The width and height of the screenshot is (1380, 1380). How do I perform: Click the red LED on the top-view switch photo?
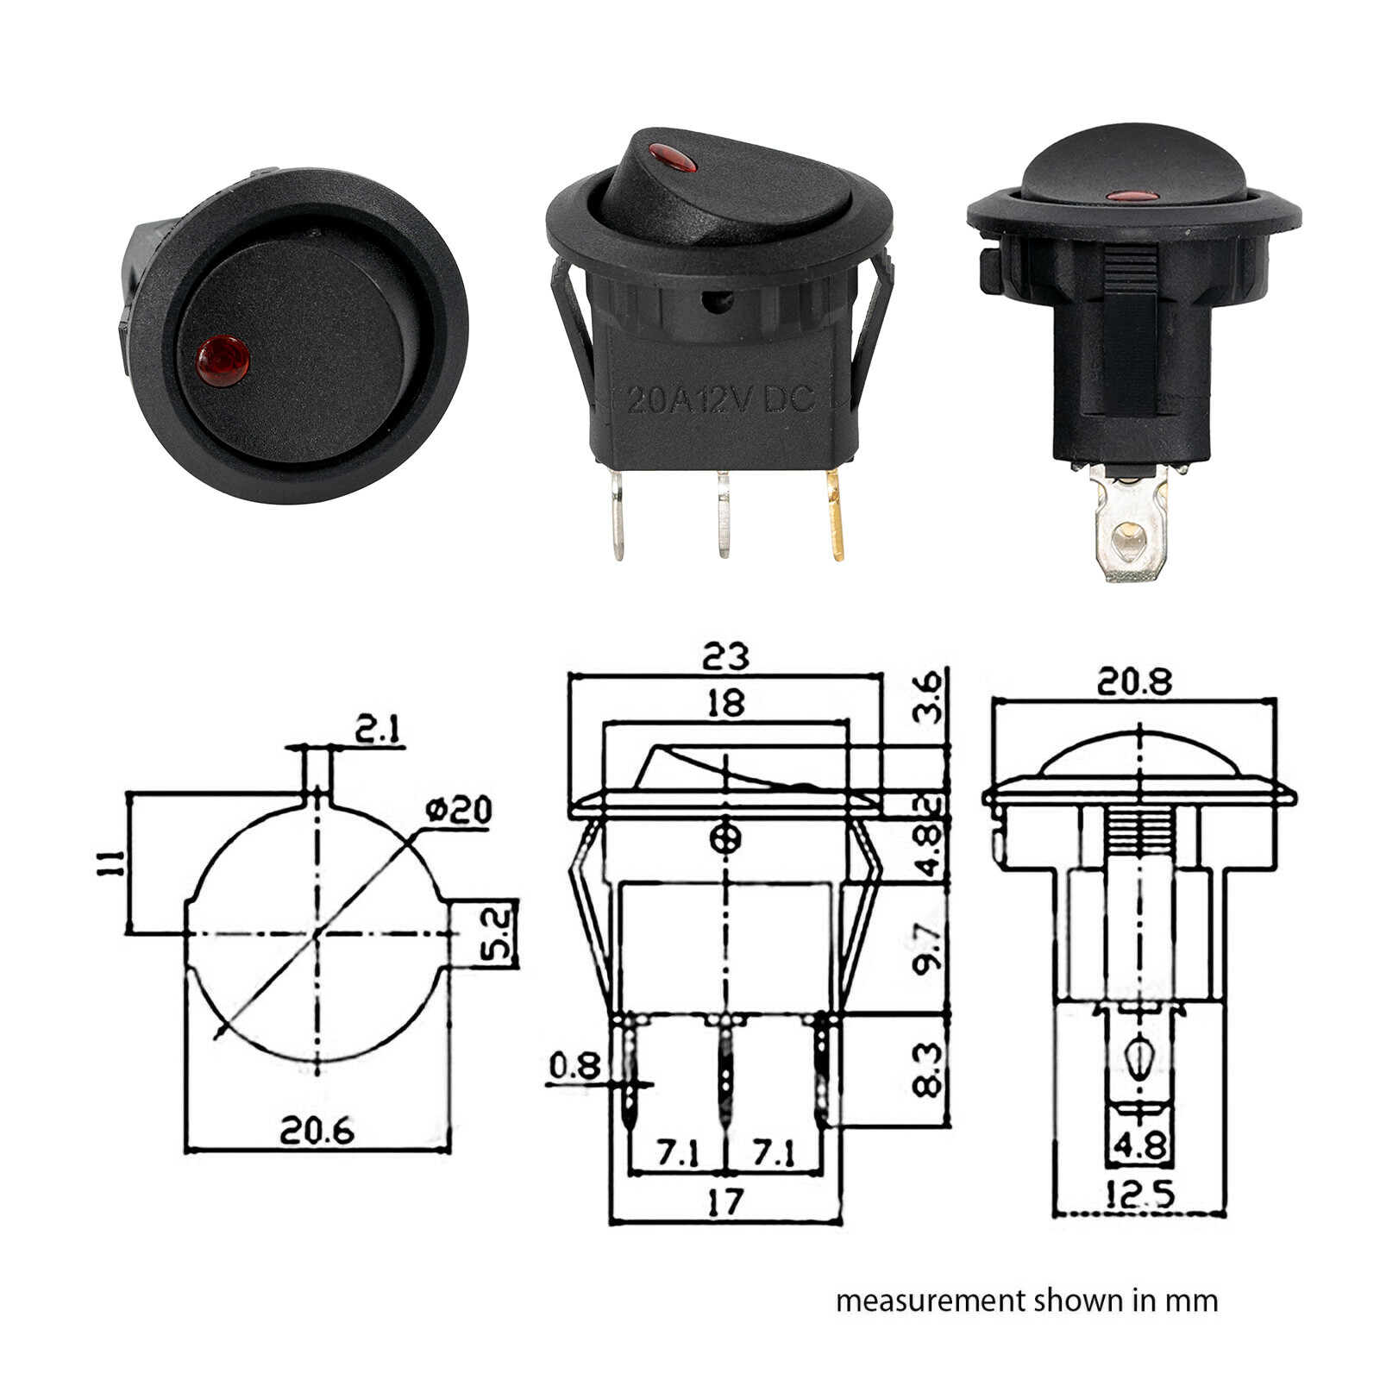coord(223,361)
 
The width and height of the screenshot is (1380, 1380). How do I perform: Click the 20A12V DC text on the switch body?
coord(720,398)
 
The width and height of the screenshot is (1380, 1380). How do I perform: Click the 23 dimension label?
coord(725,656)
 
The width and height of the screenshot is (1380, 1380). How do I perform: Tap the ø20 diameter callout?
coord(460,810)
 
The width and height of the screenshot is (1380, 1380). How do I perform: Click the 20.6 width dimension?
coord(317,1131)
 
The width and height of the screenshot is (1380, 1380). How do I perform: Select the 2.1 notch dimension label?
coord(378,731)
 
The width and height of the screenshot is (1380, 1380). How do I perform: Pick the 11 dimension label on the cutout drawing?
coord(110,862)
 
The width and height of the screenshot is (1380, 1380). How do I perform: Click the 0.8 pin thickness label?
coord(574,1066)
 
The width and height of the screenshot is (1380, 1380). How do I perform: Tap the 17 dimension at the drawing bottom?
coord(724,1201)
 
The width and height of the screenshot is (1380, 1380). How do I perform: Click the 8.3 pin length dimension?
coord(928,1069)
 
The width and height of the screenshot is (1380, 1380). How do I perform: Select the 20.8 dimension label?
coord(1134,682)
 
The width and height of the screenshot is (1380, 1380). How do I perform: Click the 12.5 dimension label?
coord(1138,1195)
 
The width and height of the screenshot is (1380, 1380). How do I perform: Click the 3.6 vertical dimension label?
coord(928,699)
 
